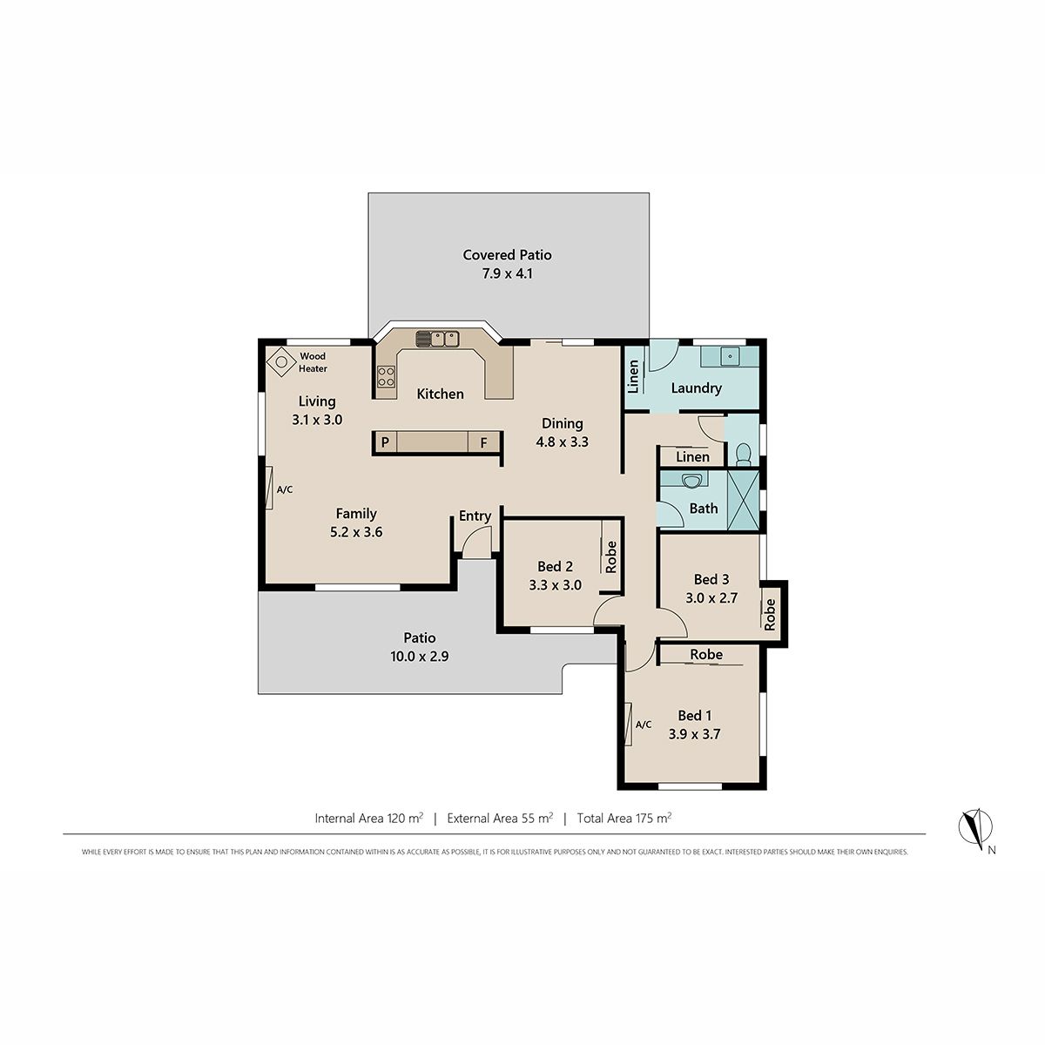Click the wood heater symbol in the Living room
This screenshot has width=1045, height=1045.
pyautogui.click(x=281, y=361)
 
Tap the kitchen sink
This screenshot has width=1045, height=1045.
pyautogui.click(x=438, y=339)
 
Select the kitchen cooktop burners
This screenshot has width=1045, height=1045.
pyautogui.click(x=386, y=376)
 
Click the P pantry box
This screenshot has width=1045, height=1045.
pyautogui.click(x=385, y=442)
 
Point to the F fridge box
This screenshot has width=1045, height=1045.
pyautogui.click(x=483, y=442)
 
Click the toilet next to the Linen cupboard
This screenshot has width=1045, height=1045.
pyautogui.click(x=744, y=455)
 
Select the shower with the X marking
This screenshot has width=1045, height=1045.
pyautogui.click(x=743, y=500)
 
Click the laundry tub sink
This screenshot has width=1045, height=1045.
pyautogui.click(x=731, y=356)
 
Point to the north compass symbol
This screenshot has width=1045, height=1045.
pyautogui.click(x=975, y=827)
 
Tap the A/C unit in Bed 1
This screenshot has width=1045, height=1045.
pyautogui.click(x=628, y=723)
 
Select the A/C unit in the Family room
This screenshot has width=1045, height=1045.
pyautogui.click(x=269, y=487)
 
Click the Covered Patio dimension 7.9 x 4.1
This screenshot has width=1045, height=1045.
pyautogui.click(x=508, y=273)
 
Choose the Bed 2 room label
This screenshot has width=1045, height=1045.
pyautogui.click(x=556, y=566)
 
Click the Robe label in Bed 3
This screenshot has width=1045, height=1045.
pyautogui.click(x=769, y=615)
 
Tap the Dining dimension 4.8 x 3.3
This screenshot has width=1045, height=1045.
pyautogui.click(x=563, y=442)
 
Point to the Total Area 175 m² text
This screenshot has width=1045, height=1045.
pyautogui.click(x=624, y=818)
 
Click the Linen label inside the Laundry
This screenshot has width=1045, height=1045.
pyautogui.click(x=633, y=376)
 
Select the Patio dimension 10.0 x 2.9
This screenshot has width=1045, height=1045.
pyautogui.click(x=420, y=657)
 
